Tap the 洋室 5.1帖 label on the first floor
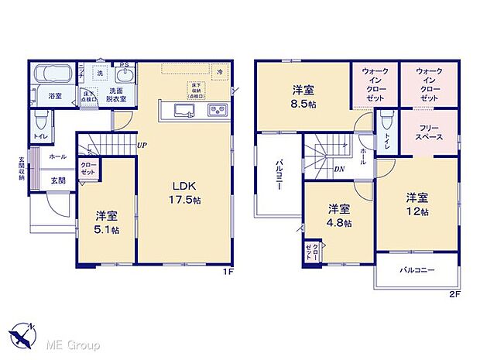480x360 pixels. pos(108,223)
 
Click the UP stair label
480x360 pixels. pos(142,144)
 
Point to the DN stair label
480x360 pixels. pos(339,169)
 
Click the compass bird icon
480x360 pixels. pos(22,338)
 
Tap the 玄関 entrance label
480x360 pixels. pos(58,180)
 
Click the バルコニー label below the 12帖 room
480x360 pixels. pos(417,270)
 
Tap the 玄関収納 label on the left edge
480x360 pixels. pos(22,169)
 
